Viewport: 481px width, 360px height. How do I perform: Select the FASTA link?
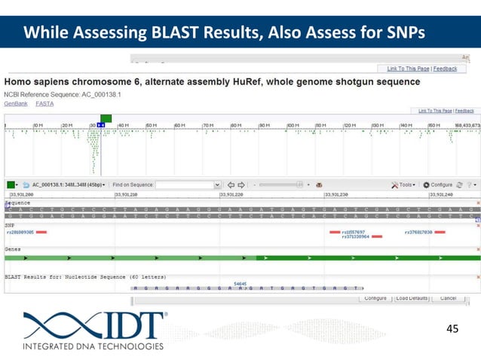coord(44,103)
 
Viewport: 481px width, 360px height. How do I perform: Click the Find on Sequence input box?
coord(184,185)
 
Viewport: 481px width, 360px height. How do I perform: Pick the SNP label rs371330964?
coord(356,236)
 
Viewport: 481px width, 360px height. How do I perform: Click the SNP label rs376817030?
coord(418,232)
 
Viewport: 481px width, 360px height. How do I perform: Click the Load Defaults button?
coord(412,298)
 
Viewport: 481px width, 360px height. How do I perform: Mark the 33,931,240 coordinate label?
coord(440,194)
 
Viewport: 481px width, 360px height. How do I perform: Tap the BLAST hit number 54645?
coord(240,283)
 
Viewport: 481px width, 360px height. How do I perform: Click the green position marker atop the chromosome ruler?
coord(106,118)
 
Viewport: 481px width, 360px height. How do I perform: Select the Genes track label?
coord(13,247)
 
